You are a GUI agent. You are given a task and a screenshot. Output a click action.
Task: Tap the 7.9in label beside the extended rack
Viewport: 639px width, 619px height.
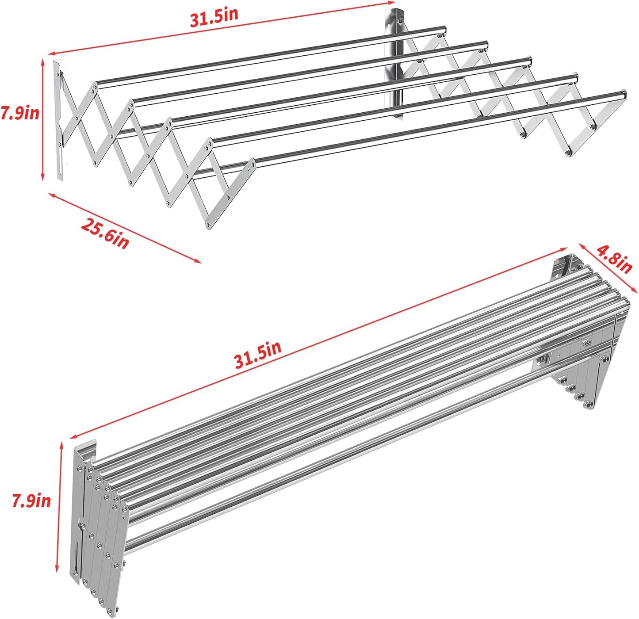[x=19, y=114]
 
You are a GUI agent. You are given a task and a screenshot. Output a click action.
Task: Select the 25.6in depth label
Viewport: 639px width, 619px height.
[x=105, y=233]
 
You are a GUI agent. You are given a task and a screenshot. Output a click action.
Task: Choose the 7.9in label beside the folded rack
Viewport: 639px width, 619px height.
[x=31, y=501]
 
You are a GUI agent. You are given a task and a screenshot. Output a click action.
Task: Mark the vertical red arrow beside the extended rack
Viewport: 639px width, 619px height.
[x=43, y=119]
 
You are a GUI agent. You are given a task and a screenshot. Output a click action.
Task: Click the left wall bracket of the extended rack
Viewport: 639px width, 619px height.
[x=59, y=119]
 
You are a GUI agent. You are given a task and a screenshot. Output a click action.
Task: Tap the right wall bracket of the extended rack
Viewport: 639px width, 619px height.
[x=398, y=62]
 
